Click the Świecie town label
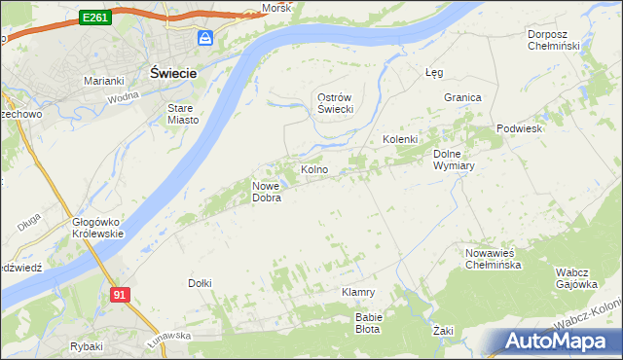tap(174, 73)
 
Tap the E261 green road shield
tap(95, 18)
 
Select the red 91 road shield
tap(119, 295)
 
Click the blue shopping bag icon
tap(205, 38)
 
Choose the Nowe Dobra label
tap(267, 192)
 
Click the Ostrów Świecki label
tap(335, 103)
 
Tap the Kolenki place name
tap(400, 139)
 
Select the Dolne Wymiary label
tap(453, 160)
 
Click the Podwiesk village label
tap(519, 128)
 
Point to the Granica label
tap(462, 97)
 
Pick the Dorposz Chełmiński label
tap(553, 40)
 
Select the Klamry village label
tap(358, 292)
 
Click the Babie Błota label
tap(370, 322)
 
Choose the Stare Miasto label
tap(183, 114)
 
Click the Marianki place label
tap(103, 81)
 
